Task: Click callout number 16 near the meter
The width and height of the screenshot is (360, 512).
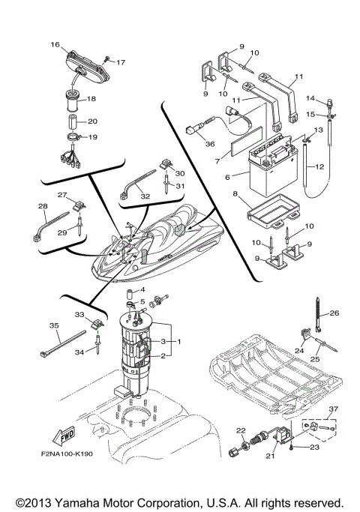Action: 55,45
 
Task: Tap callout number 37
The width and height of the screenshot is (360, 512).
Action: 332,409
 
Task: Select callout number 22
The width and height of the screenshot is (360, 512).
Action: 241,430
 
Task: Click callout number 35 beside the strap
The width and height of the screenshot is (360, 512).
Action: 53,326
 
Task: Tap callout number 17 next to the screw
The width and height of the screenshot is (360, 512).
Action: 121,62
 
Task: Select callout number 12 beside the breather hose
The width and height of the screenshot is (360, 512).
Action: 321,166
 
